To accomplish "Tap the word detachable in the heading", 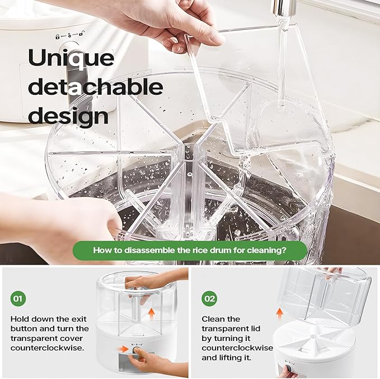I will pos(96,87).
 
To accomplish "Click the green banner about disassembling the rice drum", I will pos(190,251).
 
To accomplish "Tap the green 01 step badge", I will pos(18,299).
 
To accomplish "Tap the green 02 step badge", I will pos(209,299).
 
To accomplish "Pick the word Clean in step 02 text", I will pos(213,318).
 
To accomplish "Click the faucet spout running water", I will pos(278,8).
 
